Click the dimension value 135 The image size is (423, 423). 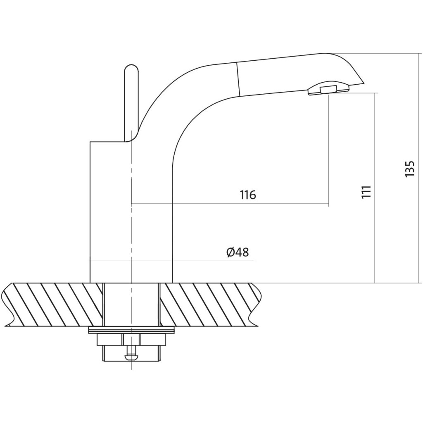(409, 169)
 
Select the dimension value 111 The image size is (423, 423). (366, 192)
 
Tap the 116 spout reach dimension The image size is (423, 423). (248, 195)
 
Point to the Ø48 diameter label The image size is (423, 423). (238, 252)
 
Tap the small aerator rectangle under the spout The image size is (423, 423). (328, 89)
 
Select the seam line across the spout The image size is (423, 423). (238, 79)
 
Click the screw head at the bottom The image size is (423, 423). (131, 357)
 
